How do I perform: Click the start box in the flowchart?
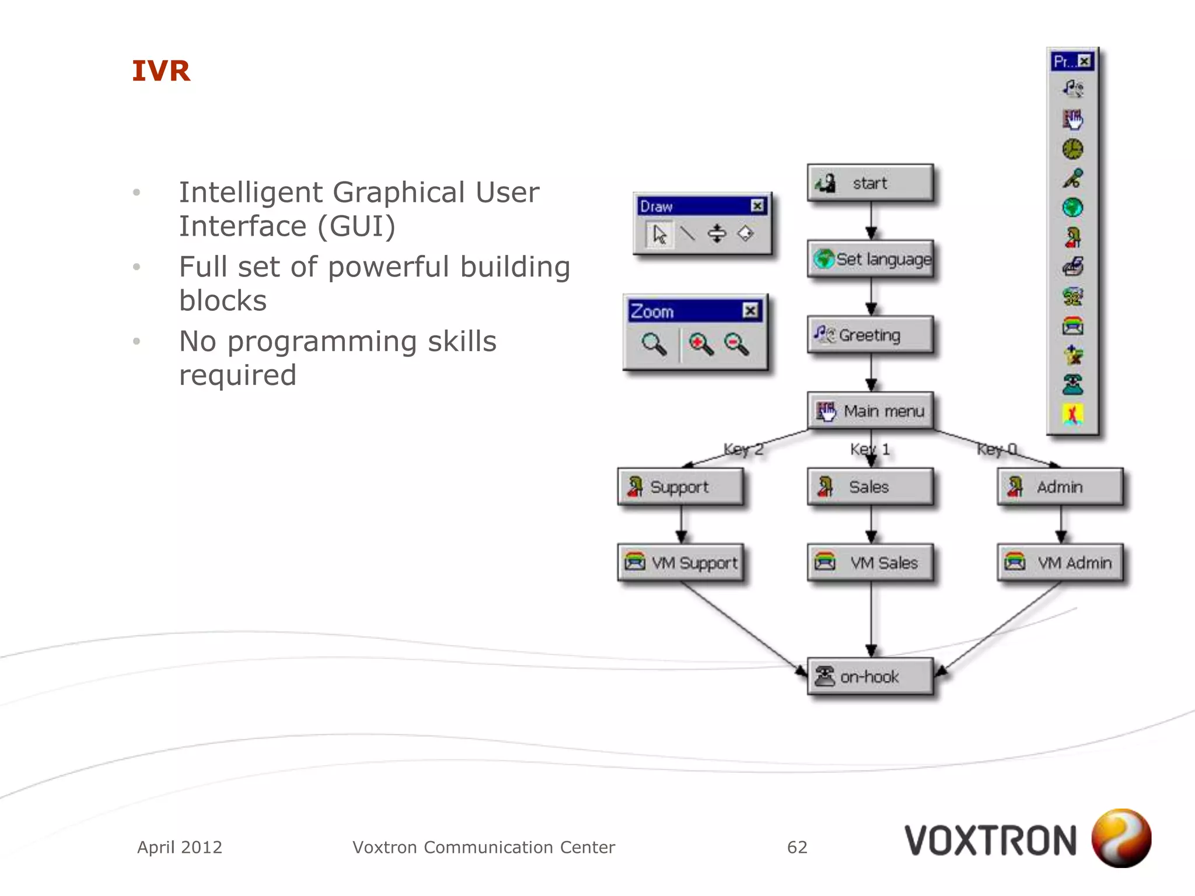point(870,183)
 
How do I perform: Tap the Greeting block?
point(870,335)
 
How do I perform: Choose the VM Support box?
point(680,563)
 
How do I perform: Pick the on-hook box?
point(870,677)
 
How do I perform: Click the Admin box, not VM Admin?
point(1060,487)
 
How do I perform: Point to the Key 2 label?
point(743,449)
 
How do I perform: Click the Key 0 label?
point(997,449)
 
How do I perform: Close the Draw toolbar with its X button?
point(757,206)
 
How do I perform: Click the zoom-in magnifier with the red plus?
point(700,344)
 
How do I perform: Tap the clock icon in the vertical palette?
point(1072,149)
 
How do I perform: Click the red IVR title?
point(161,71)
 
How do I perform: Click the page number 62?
point(797,847)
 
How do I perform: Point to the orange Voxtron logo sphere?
point(1121,838)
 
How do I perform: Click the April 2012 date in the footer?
point(180,847)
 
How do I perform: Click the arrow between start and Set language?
point(871,221)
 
